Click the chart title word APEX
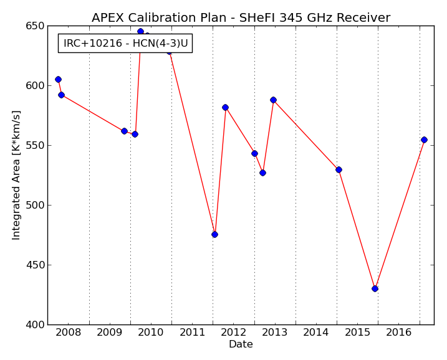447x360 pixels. point(108,17)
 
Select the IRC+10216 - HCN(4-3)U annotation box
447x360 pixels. point(125,44)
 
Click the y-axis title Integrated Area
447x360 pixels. point(16,175)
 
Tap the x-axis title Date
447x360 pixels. point(241,344)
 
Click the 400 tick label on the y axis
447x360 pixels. point(36,324)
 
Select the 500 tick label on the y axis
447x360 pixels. point(36,205)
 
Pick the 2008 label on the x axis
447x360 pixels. point(69,333)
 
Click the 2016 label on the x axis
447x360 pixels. point(399,333)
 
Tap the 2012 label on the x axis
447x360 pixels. point(234,333)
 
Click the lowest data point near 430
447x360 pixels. point(375,288)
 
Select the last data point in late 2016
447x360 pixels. point(424,140)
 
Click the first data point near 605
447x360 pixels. point(58,80)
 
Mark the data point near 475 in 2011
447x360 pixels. point(214,234)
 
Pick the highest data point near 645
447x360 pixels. point(140,31)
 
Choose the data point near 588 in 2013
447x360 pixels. point(274,100)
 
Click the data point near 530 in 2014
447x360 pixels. point(339,170)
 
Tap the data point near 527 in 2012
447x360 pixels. point(262,173)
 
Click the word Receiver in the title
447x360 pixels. point(363,17)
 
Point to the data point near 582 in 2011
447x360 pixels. point(225,107)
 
